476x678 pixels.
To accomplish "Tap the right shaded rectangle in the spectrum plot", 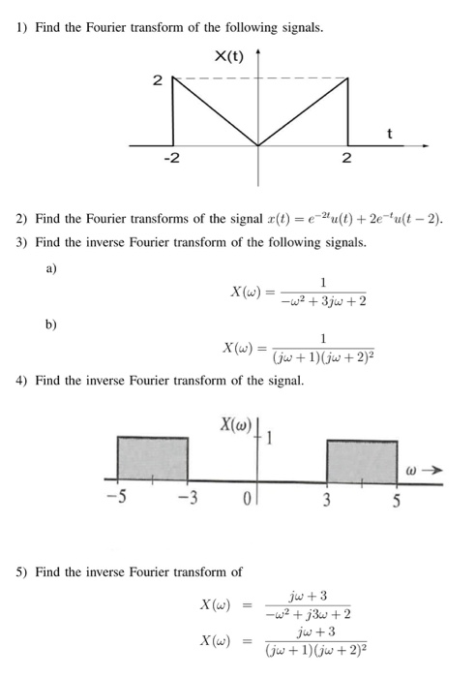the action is point(362,457).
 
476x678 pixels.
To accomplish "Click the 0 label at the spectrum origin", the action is point(248,501).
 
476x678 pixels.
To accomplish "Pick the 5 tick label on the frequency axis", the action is point(400,501).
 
